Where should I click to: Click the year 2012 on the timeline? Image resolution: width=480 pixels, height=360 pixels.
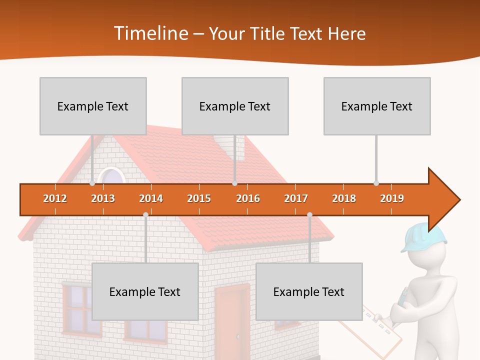55,198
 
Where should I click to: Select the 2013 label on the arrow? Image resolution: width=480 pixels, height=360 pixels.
103,198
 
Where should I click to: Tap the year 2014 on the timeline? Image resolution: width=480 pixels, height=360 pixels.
151,198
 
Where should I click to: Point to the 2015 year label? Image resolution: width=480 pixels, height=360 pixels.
199,198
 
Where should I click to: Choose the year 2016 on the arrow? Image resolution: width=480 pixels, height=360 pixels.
248,198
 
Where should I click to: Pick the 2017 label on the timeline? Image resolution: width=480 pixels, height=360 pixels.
296,198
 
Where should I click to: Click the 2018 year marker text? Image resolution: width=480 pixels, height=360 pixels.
344,198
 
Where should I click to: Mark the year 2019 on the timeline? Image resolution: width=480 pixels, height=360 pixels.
392,198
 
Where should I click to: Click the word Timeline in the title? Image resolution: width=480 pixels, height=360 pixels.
150,33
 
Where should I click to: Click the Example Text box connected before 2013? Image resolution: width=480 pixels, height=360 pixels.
93,106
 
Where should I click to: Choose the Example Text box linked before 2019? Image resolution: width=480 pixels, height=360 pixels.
377,106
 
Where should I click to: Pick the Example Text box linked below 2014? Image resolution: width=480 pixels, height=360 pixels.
145,291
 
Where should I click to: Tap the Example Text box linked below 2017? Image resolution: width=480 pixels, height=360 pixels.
309,291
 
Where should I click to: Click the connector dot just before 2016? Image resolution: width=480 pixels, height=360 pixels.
234,183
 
